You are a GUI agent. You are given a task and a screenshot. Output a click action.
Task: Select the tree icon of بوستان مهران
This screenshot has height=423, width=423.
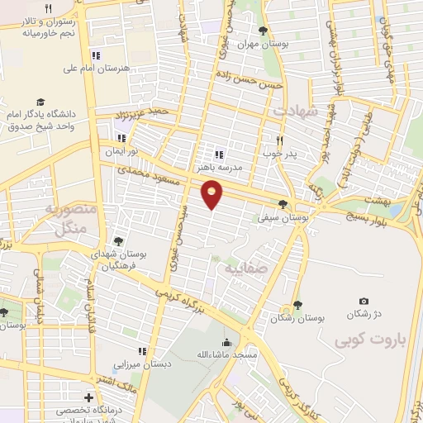tap(263, 31)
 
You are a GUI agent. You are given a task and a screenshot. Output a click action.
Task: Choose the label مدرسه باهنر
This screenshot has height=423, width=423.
tap(219, 166)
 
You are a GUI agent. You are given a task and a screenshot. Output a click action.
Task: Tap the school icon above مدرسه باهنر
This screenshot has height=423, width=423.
tap(219, 154)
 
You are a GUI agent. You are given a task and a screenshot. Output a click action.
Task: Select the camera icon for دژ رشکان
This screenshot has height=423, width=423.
tap(364, 302)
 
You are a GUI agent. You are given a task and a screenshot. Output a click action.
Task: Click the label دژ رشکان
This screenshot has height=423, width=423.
tap(364, 315)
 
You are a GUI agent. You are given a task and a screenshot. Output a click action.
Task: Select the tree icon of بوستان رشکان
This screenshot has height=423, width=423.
tap(297, 305)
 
